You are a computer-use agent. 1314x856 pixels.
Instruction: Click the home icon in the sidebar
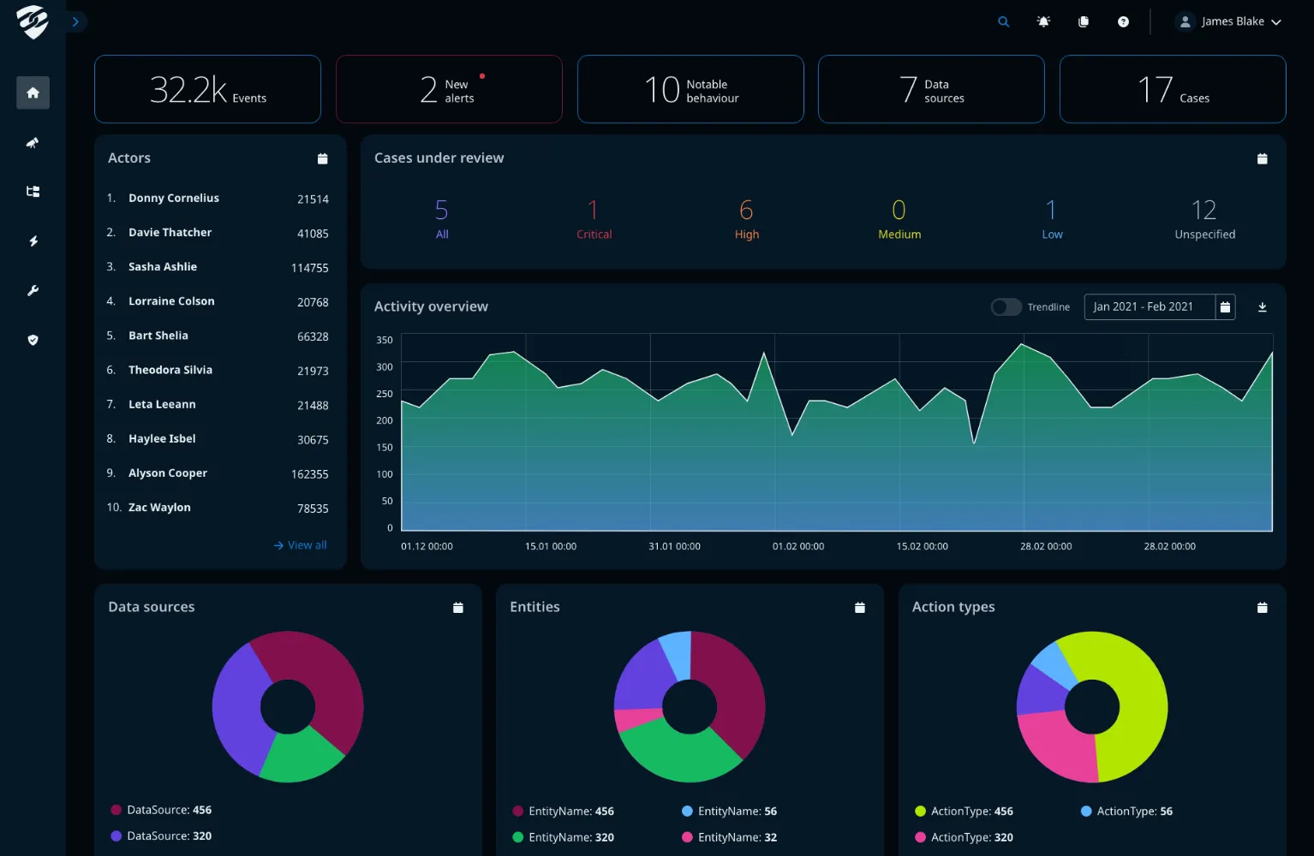pyautogui.click(x=33, y=92)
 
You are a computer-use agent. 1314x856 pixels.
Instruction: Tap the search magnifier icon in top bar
pyautogui.click(x=1003, y=22)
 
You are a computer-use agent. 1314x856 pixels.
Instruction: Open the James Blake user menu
pyautogui.click(x=1229, y=22)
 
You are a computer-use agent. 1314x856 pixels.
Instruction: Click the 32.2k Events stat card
pyautogui.click(x=207, y=89)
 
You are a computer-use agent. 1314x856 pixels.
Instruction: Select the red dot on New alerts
pyautogui.click(x=482, y=76)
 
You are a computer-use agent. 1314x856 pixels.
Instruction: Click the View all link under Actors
pyautogui.click(x=301, y=545)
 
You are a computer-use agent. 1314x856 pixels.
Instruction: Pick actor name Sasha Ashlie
pyautogui.click(x=163, y=267)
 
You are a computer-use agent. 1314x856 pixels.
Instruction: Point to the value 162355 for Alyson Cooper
pyautogui.click(x=309, y=474)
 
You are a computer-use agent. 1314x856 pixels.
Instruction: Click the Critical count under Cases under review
pyautogui.click(x=593, y=211)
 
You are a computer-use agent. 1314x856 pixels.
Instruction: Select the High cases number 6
pyautogui.click(x=746, y=211)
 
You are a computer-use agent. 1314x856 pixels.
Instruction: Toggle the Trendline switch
pyautogui.click(x=1006, y=307)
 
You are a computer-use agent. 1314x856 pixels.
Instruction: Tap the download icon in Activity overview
pyautogui.click(x=1262, y=307)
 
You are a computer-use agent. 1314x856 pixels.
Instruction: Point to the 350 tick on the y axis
pyautogui.click(x=385, y=341)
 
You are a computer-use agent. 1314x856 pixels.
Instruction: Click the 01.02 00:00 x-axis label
pyautogui.click(x=798, y=546)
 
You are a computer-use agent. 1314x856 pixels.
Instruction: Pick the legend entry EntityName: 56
pyautogui.click(x=737, y=811)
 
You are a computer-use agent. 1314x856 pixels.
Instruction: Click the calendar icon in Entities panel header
pyautogui.click(x=859, y=608)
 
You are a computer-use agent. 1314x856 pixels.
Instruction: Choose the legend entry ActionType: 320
pyautogui.click(x=971, y=838)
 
